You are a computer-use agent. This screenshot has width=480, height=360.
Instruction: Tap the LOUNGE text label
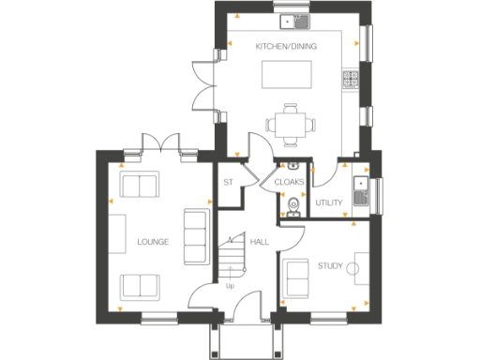(x=152, y=242)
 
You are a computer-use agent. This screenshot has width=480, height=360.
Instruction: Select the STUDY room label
(x=330, y=266)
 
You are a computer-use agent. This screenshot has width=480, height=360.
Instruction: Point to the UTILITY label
(x=329, y=202)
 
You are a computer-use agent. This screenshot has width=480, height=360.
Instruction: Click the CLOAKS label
(x=288, y=182)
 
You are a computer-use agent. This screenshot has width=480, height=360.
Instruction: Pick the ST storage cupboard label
(x=227, y=182)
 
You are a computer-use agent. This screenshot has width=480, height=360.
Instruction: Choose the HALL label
(x=260, y=242)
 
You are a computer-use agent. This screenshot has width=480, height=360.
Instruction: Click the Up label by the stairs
(x=231, y=286)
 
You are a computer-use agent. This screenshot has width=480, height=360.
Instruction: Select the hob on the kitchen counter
(x=352, y=81)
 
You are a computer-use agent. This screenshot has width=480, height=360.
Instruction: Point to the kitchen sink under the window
(x=299, y=20)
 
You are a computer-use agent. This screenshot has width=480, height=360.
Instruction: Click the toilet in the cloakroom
(x=292, y=207)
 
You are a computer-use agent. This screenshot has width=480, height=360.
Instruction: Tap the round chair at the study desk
(x=354, y=269)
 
